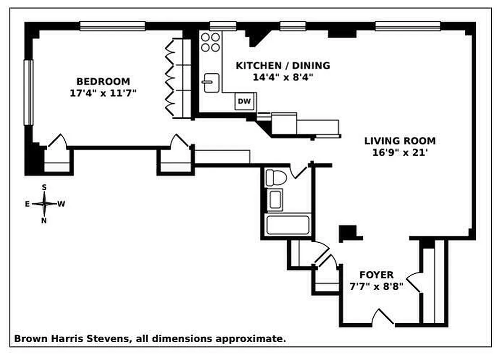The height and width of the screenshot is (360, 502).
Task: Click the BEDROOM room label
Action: [x=103, y=81]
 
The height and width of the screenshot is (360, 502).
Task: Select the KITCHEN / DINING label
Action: [x=283, y=66]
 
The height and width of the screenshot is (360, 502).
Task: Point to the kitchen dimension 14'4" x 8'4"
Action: [x=283, y=77]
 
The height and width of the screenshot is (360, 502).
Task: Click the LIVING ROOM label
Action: [x=400, y=141]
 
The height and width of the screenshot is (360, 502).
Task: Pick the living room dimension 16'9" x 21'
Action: [x=400, y=153]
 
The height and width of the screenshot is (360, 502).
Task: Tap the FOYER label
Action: [x=376, y=274]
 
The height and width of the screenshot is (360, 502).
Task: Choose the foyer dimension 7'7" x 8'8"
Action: [x=376, y=286]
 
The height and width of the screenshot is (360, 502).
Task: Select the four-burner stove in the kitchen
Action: [x=210, y=42]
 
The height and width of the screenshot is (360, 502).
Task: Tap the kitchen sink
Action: [x=211, y=83]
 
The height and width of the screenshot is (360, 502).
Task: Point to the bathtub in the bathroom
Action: [x=288, y=225]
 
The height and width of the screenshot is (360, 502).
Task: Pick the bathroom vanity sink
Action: [x=275, y=200]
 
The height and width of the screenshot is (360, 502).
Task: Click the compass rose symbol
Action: [x=44, y=204]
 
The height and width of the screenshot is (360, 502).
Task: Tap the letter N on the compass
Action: [x=44, y=220]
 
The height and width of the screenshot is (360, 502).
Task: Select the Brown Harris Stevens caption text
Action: [x=150, y=339]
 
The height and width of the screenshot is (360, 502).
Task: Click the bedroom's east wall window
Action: [x=29, y=92]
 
